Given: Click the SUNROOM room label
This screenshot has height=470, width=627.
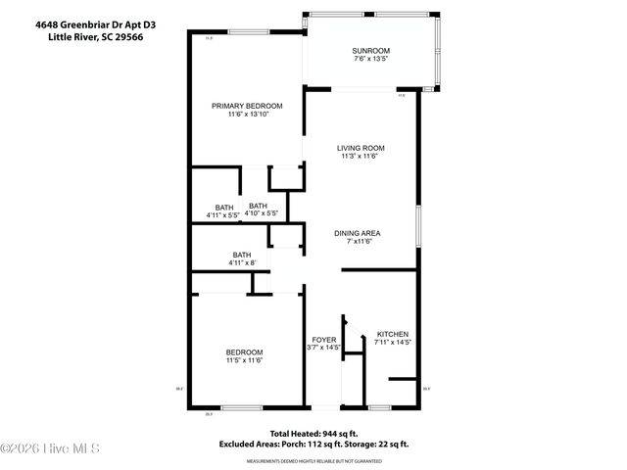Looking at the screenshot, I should (371, 50).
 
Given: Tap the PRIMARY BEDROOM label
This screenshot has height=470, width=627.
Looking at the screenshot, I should (248, 106).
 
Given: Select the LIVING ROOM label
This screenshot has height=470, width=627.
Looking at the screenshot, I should (361, 148).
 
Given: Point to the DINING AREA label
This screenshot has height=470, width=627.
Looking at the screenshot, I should (357, 233).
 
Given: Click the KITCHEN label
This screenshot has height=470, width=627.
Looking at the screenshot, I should (392, 334).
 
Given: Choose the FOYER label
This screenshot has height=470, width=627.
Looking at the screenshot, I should (324, 339).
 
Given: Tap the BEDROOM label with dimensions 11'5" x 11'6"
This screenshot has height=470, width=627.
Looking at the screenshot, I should (244, 352).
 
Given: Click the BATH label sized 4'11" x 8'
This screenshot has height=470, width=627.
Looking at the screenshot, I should (241, 255).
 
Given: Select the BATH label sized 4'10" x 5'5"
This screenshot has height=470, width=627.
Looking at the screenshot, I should (259, 206).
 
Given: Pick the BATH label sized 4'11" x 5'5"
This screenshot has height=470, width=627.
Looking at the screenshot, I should (224, 207).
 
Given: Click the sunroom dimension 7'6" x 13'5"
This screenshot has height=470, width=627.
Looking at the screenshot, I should (371, 59).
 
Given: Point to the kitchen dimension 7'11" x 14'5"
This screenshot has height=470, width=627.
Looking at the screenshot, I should (392, 343).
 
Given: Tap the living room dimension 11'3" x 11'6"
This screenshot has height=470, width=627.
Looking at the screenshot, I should (361, 157).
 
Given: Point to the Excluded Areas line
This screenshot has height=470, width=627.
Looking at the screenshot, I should (314, 446).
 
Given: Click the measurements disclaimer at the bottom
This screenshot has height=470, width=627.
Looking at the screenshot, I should (313, 458).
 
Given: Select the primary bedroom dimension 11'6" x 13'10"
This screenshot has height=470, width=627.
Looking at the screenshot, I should (248, 115).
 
